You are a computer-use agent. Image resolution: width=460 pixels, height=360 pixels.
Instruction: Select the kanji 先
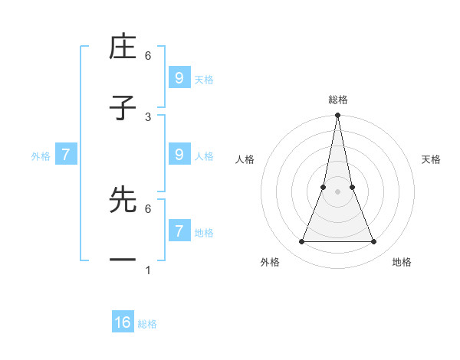pos(123,200)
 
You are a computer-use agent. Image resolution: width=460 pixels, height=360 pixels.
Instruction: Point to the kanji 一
pos(123,260)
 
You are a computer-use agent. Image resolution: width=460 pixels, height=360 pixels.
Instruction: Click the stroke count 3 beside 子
pos(148,116)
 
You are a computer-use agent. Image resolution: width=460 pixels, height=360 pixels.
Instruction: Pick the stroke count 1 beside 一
pos(148,270)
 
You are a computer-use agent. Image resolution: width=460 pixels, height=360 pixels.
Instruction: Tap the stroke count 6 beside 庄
pos(148,56)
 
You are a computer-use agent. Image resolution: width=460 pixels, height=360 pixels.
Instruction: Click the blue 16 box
pos(123,322)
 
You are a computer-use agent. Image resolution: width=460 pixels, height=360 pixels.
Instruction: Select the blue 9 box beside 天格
pos(179,77)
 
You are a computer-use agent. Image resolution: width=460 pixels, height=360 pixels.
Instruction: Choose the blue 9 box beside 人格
pos(179,154)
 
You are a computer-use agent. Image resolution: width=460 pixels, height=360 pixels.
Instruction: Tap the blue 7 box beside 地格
pos(179,231)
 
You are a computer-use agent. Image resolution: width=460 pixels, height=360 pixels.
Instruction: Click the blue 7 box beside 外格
pos(66,154)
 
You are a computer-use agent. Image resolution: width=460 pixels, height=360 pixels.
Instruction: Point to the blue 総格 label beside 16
pos(147,324)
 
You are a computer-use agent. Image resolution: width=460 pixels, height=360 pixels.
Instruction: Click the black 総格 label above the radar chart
pos(337,100)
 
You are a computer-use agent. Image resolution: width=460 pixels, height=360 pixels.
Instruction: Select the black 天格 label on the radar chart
pos(431,159)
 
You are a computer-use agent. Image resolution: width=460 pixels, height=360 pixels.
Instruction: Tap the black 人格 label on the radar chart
pos(245,159)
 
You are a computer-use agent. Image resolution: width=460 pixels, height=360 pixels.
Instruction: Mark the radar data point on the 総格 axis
pos(337,116)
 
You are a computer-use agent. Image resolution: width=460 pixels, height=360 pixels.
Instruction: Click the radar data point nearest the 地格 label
pos(374,242)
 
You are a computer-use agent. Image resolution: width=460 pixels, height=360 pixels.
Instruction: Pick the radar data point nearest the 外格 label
pos(301,242)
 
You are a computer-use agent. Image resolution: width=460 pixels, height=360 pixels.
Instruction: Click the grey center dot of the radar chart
pos(337,191)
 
